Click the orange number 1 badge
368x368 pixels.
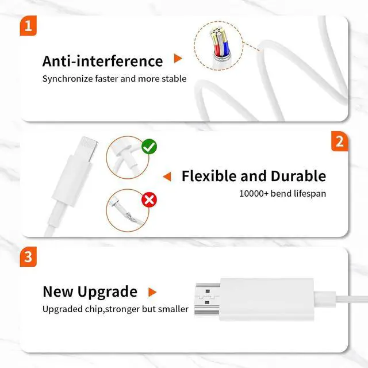(x=28, y=26)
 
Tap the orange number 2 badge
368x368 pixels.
(x=339, y=141)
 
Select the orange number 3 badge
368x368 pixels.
(x=28, y=256)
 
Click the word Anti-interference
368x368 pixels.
(x=102, y=61)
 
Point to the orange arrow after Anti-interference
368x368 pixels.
(x=178, y=59)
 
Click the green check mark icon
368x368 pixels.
(x=149, y=147)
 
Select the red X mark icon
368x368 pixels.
(x=149, y=200)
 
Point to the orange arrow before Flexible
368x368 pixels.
(x=167, y=177)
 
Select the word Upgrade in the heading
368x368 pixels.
(x=109, y=292)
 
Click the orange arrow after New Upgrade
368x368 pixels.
(x=152, y=292)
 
